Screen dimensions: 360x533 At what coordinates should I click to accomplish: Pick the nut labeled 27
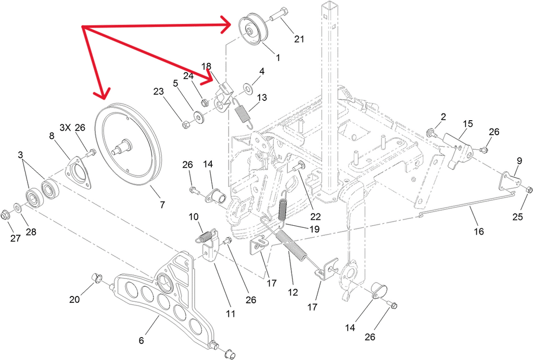(x=5, y=214)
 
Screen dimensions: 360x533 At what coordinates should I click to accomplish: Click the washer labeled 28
(x=18, y=208)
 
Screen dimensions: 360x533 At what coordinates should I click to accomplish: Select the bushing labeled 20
(x=97, y=279)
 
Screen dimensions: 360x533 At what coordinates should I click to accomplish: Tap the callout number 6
(x=141, y=340)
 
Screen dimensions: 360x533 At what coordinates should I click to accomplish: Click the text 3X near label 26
(x=66, y=127)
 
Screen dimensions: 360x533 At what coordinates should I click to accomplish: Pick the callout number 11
(x=231, y=314)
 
